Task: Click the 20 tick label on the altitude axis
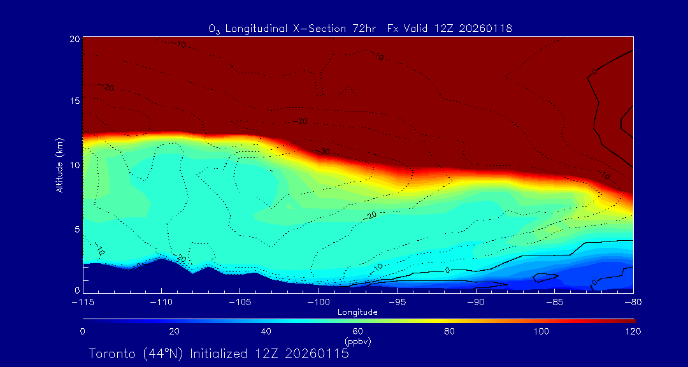pyautogui.click(x=74, y=39)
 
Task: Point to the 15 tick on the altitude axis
pyautogui.click(x=74, y=101)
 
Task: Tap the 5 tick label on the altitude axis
pyautogui.click(x=76, y=228)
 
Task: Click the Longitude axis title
pyautogui.click(x=357, y=312)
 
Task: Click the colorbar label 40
pyautogui.click(x=266, y=331)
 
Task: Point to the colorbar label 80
pyautogui.click(x=450, y=331)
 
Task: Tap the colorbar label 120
pyautogui.click(x=633, y=331)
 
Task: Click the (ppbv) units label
pyautogui.click(x=357, y=342)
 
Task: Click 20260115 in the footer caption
pyautogui.click(x=317, y=354)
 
